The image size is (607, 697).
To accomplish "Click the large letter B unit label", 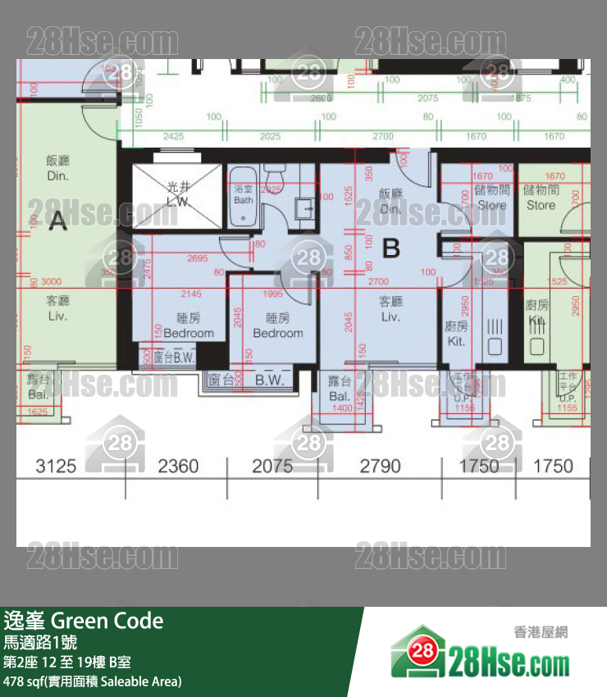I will pos(391,248).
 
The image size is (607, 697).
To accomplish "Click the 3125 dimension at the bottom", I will pos(56,467).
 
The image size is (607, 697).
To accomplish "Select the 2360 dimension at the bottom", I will pos(178,467).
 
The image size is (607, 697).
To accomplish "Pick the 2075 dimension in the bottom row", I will pos(272,467).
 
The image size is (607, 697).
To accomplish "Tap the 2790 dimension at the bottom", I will pos(381,467).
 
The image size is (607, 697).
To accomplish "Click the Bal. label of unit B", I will pos(340,389).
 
